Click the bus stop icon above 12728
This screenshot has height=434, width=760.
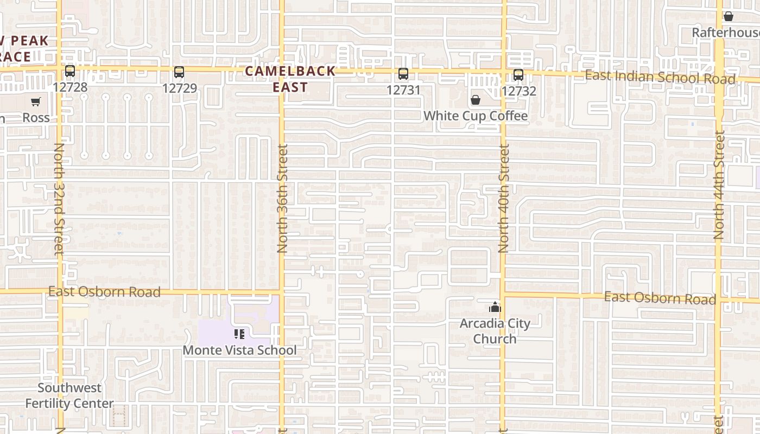tap(70, 71)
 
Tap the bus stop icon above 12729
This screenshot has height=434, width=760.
tap(179, 72)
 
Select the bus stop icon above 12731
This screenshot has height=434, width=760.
tap(403, 74)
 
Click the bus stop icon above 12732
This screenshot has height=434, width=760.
tap(518, 75)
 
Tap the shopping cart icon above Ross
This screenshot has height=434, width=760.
tap(36, 102)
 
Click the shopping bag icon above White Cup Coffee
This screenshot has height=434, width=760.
tap(476, 100)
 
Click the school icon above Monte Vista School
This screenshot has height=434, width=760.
tap(239, 334)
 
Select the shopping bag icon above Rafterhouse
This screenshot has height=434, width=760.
tap(729, 17)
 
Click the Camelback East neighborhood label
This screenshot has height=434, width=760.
tap(290, 79)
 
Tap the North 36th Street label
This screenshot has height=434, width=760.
tap(282, 199)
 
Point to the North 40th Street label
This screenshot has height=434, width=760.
tap(504, 199)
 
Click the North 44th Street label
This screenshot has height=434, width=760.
tap(719, 186)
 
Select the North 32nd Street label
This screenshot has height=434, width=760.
tap(59, 199)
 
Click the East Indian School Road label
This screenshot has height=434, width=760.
tap(660, 77)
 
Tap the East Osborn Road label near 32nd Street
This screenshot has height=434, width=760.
tap(104, 292)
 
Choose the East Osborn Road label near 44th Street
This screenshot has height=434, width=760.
tap(660, 298)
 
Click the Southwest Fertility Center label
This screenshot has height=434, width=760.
tap(69, 395)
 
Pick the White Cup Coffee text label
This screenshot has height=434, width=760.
tap(476, 116)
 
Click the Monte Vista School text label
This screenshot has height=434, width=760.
tap(239, 350)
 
